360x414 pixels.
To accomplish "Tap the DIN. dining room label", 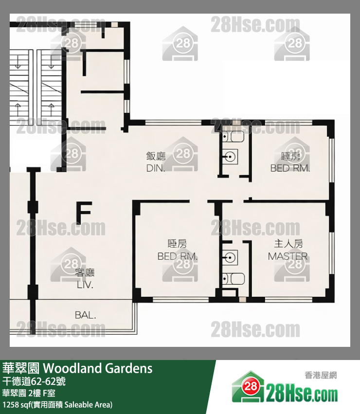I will [156, 169].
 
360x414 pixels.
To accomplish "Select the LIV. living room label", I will [85, 286].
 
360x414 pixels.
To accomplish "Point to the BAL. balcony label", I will [86, 315].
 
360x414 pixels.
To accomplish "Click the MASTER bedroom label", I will [288, 256].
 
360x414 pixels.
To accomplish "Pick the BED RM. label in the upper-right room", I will [290, 168].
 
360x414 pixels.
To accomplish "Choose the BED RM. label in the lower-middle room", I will [177, 256].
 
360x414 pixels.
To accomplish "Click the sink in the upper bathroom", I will [231, 157].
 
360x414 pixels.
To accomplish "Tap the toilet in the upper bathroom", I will [235, 137].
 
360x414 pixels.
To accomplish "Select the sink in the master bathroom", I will [231, 256].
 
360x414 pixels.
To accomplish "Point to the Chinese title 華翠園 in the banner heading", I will [21, 368].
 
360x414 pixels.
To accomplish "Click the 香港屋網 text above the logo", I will [321, 375].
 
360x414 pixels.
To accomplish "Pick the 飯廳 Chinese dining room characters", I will [156, 156].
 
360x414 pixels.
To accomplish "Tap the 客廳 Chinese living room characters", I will [85, 273].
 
